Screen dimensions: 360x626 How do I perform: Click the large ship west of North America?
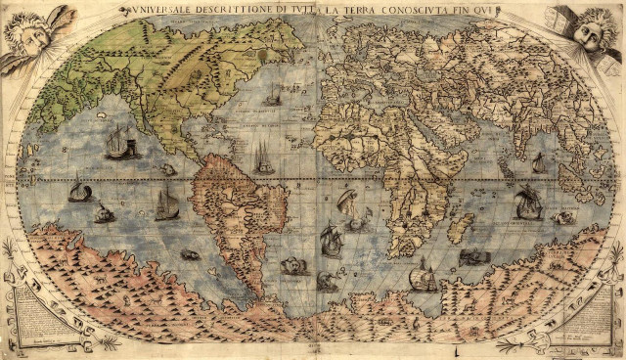point(120,142)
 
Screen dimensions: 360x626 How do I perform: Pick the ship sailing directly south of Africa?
point(423,278)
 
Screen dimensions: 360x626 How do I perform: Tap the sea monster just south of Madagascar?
point(471,257)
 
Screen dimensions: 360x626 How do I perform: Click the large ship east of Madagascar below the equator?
point(528,202)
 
